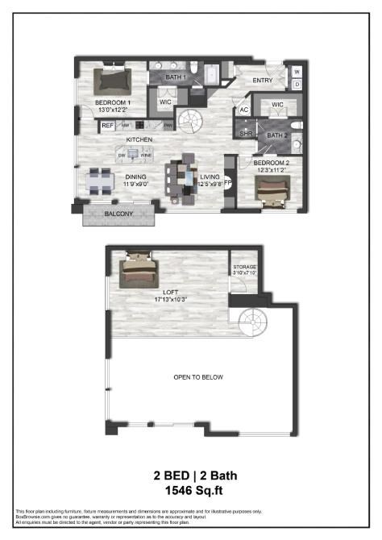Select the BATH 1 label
coord(176,77)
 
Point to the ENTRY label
coord(263,81)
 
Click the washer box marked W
coord(297,71)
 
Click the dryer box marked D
coord(297,83)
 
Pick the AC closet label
coord(243,110)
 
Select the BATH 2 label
coord(277,135)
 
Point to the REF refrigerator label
coord(107,125)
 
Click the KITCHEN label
coord(139,139)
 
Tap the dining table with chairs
coord(100,180)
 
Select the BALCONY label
coord(121,214)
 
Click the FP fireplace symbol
coord(227,182)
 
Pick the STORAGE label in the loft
coord(244,266)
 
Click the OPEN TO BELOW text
coord(198,377)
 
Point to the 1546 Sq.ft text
coord(191,489)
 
